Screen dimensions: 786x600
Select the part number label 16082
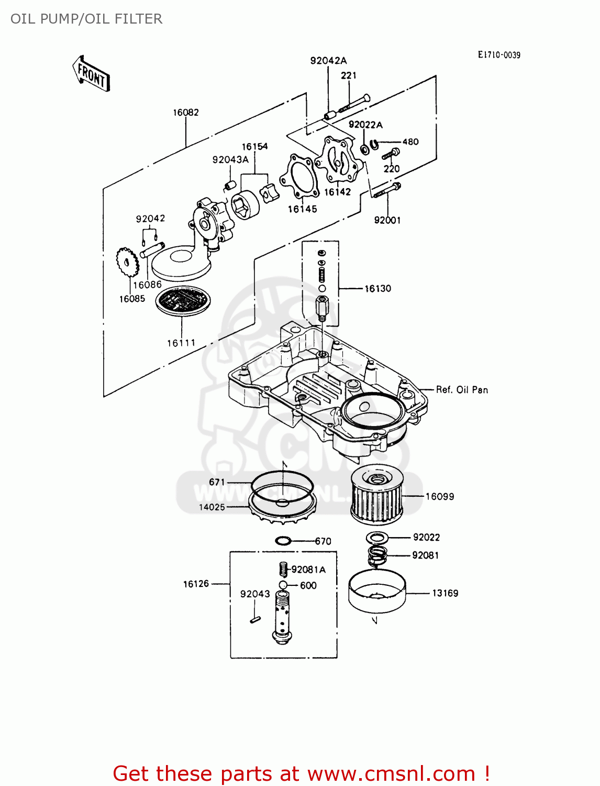coord(186,112)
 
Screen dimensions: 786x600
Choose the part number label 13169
coord(445,593)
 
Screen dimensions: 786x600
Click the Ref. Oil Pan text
coord(462,390)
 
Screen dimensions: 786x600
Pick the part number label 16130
coord(377,289)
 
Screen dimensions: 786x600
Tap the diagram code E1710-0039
coord(499,55)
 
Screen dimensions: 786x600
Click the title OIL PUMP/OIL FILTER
coord(86,19)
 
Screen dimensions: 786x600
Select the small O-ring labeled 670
coord(283,541)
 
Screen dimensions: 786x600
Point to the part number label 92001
coord(387,220)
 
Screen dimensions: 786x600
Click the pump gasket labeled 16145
coord(299,178)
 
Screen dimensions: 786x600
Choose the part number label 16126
coord(196,584)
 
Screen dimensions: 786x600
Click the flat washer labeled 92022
coord(377,537)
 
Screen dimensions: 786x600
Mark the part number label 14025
coord(212,507)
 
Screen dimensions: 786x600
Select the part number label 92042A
coord(328,61)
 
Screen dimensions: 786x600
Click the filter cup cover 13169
coord(377,592)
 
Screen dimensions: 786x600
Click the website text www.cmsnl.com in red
coord(391,773)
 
